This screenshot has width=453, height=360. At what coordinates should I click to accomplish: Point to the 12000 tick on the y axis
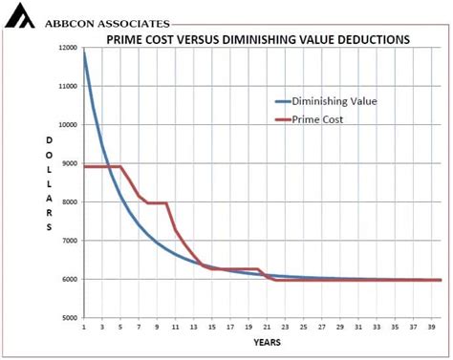66,48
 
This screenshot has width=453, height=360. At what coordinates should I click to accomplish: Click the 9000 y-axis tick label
68,163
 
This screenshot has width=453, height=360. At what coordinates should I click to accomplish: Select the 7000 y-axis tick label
68,241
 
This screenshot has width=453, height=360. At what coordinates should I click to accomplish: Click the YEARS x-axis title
267,342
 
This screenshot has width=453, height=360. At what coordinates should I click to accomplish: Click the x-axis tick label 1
84,327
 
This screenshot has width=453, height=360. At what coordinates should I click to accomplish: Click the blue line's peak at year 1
84,54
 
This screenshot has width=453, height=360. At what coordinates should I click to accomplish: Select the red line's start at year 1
85,167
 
